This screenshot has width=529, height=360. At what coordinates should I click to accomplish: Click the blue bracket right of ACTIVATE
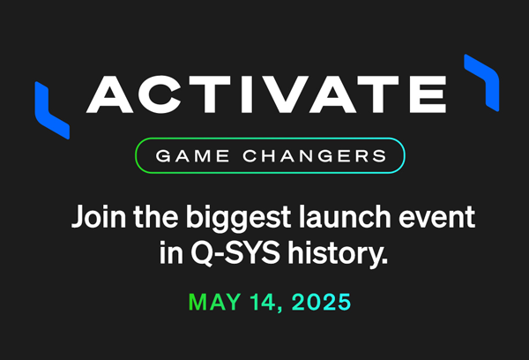[x=481, y=81]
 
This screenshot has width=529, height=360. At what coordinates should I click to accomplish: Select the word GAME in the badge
[x=190, y=156]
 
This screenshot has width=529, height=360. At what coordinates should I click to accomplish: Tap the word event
[x=427, y=217]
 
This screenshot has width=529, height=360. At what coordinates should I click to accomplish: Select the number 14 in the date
[x=264, y=302]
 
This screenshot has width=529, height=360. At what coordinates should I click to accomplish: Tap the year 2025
[x=320, y=302]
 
